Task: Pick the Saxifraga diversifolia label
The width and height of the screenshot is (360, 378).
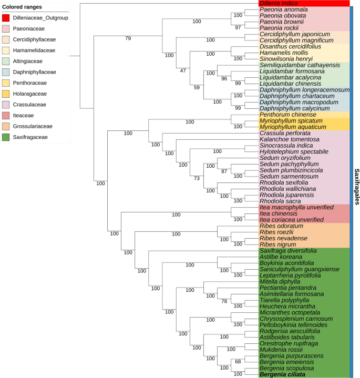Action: click(x=288, y=251)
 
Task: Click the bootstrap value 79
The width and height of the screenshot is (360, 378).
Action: click(x=128, y=38)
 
